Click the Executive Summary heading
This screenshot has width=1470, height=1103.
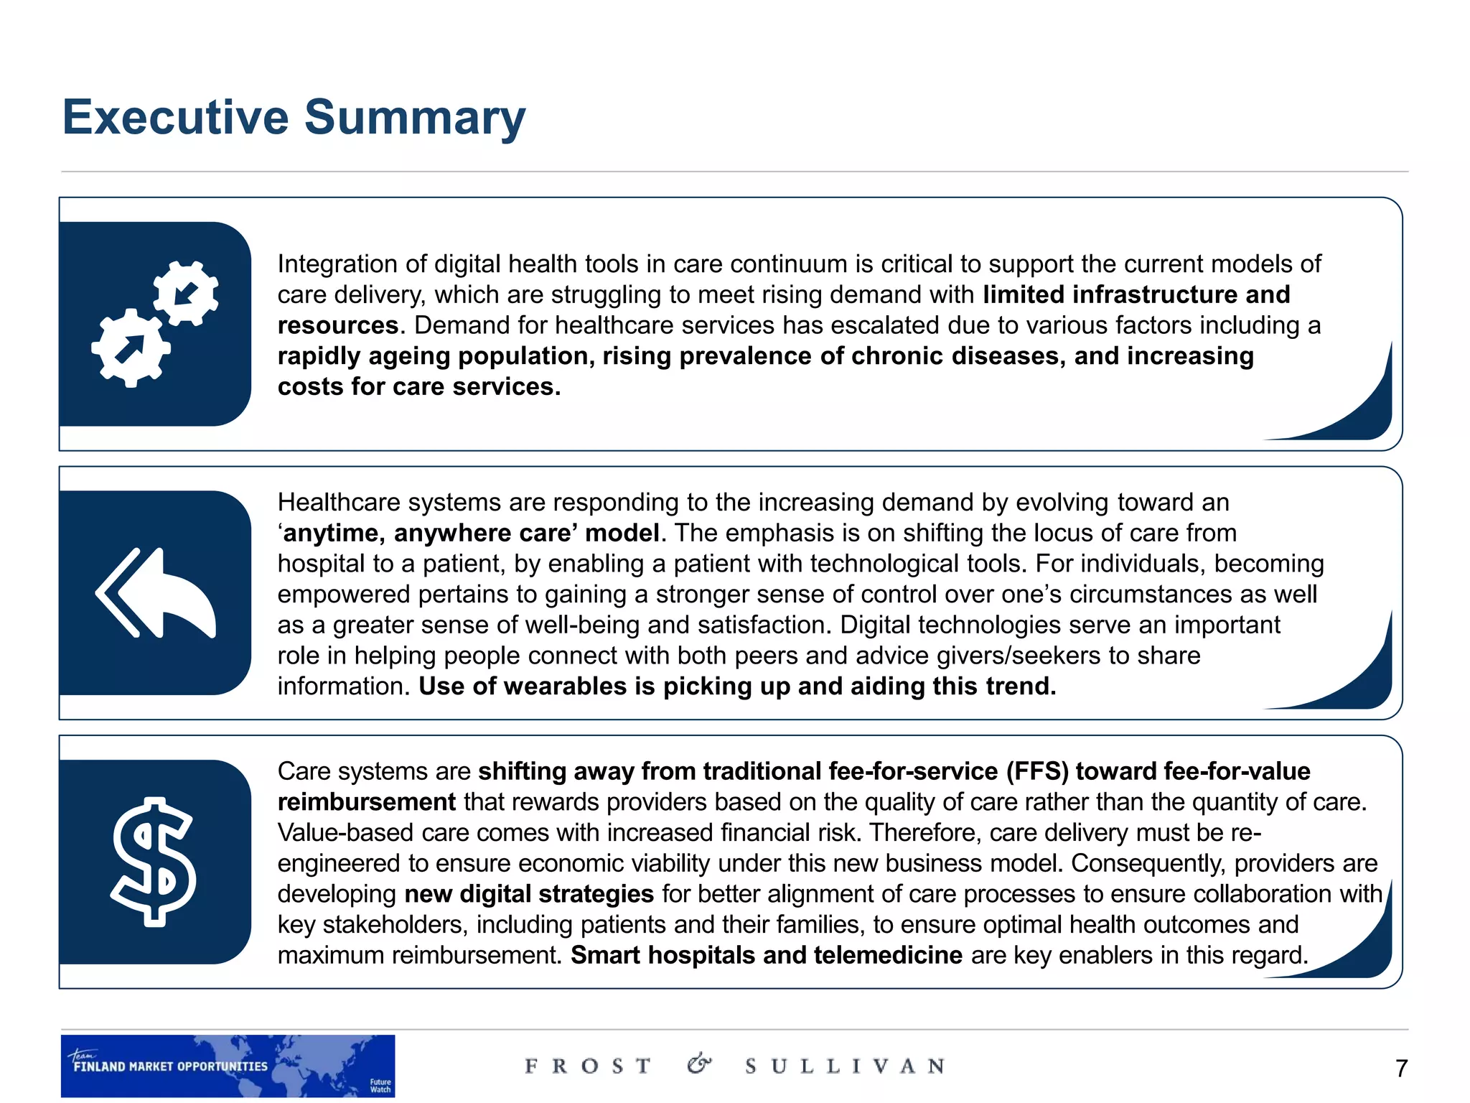click(294, 117)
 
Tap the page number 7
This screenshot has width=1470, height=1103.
click(1401, 1069)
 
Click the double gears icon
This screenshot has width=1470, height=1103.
click(155, 324)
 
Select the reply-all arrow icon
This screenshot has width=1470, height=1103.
click(155, 593)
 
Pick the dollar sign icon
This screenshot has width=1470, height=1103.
click(154, 862)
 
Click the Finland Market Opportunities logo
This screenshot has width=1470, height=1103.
click(228, 1066)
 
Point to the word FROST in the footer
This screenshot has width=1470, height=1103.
click(588, 1066)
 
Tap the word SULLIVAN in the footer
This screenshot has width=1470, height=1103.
click(845, 1066)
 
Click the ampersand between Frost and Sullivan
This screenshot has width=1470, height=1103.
click(699, 1064)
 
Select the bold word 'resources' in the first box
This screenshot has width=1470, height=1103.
click(338, 326)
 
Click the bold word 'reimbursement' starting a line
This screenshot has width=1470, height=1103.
click(366, 802)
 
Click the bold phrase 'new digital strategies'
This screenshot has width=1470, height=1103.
click(529, 894)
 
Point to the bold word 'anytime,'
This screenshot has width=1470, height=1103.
click(334, 534)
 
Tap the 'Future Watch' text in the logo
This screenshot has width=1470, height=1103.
click(380, 1086)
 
